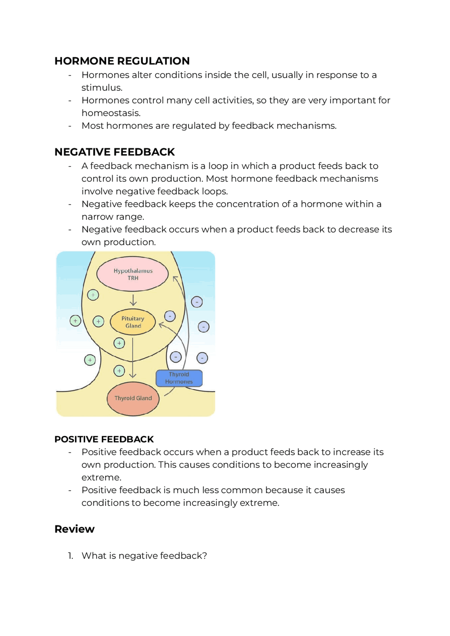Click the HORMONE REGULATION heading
(122, 61)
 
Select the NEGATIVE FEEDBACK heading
(115, 152)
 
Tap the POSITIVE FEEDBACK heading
(104, 439)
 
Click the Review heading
(75, 529)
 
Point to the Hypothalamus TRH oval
(133, 274)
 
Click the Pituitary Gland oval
(133, 322)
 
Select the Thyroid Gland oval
(133, 399)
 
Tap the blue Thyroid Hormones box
(179, 378)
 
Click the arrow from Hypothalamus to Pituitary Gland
(133, 300)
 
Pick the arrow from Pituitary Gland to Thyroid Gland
(133, 357)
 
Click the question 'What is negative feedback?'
(144, 556)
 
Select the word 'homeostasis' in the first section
(110, 113)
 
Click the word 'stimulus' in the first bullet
(101, 88)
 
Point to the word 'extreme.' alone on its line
(101, 477)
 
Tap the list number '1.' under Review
(71, 556)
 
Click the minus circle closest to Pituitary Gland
(170, 316)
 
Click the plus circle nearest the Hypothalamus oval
(93, 295)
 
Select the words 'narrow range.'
(112, 217)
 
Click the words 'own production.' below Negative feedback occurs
(118, 242)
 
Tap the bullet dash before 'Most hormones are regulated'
(70, 126)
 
